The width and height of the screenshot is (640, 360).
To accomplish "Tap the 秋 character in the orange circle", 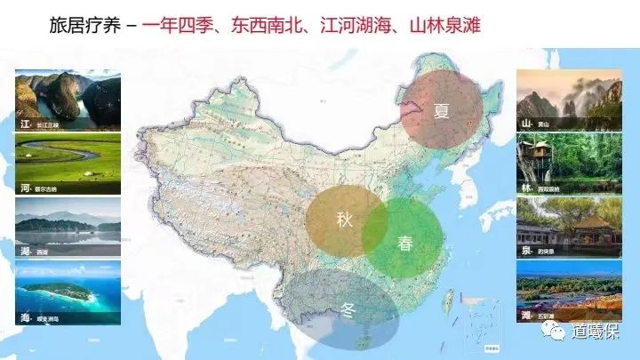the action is point(345,220).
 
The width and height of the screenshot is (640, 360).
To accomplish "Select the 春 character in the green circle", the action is point(405,242).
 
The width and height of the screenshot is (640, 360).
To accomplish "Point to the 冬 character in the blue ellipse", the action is point(348,311).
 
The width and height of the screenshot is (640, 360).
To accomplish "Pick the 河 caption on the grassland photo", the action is point(26,188).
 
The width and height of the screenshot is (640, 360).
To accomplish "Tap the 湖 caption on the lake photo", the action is point(26,251).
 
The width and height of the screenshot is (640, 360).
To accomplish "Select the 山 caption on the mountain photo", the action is point(526,124).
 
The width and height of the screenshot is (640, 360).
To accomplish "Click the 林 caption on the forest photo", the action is point(526,188).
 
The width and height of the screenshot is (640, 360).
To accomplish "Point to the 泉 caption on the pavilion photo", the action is point(526,252).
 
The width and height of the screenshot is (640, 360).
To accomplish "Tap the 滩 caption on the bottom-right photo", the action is point(526,315).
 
